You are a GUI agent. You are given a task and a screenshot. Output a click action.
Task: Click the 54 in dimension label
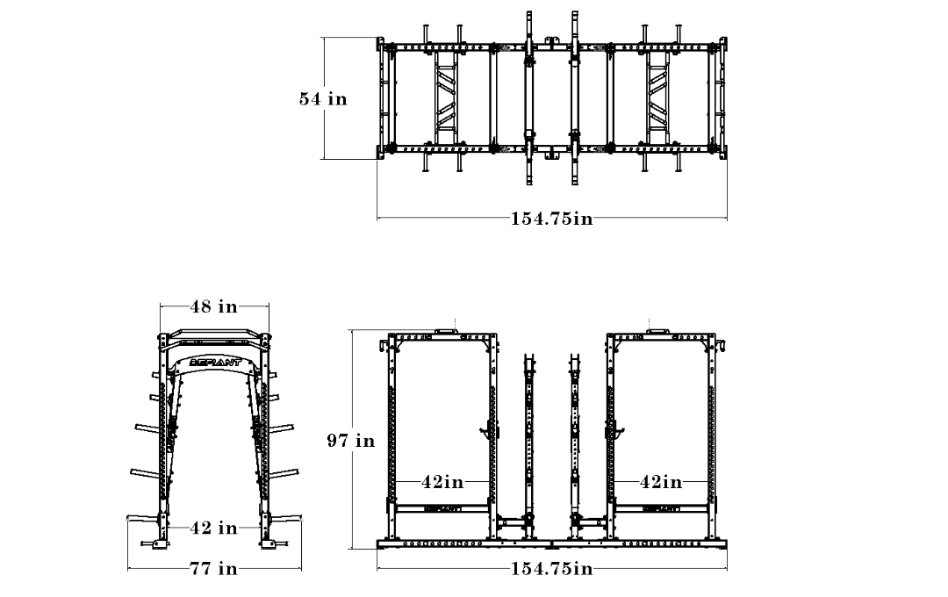pos(323,98)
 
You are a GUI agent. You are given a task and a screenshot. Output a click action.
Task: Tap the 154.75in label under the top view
pos(551,219)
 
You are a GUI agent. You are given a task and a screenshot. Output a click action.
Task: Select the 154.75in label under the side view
pos(551,569)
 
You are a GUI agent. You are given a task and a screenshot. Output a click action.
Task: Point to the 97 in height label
pos(350,441)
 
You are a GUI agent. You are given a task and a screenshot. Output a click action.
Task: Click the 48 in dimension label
pos(214,306)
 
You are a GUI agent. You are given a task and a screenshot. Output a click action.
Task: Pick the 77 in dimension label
pos(214,569)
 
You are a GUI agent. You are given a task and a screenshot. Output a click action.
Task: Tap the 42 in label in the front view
pos(214,528)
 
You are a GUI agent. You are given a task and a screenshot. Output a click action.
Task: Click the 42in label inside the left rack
pos(442,482)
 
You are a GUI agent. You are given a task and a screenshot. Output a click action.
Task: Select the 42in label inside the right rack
pos(661,482)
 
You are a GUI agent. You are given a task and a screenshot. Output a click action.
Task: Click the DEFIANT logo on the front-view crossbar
pos(215,363)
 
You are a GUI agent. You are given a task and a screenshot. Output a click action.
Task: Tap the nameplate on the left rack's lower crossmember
pos(443,508)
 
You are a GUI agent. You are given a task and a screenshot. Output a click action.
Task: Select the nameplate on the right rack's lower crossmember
pos(661,508)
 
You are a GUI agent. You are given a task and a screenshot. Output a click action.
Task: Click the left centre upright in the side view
pos(529,446)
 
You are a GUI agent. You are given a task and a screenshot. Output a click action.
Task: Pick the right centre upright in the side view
pos(574,446)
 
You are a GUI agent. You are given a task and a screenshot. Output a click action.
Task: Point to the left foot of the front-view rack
pos(160,543)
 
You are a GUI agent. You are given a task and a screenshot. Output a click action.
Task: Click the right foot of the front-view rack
pos(269,543)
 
